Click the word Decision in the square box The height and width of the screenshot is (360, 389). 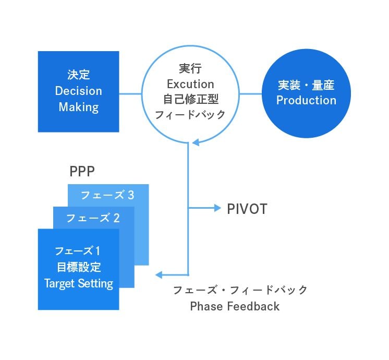click(79, 91)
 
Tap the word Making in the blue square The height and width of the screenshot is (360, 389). click(79, 107)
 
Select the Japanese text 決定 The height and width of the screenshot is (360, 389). click(79, 75)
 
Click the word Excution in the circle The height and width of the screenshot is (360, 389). click(190, 84)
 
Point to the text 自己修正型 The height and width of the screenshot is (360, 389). click(190, 99)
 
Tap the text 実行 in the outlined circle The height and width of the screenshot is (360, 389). click(190, 69)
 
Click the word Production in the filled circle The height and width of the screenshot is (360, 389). click(306, 100)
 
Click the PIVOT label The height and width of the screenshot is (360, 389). click(247, 209)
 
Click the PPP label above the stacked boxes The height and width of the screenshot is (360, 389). click(81, 172)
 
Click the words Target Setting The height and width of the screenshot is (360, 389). click(79, 284)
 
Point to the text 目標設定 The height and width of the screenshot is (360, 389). click(79, 268)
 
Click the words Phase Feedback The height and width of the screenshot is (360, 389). click(235, 306)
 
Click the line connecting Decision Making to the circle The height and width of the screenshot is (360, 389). click(130, 94)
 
